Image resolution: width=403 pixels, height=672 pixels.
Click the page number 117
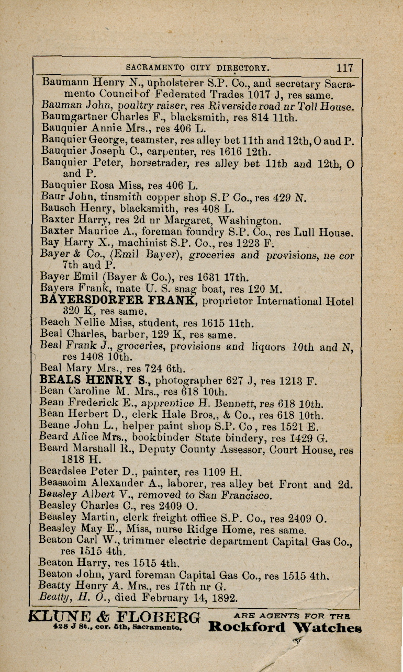[345, 67]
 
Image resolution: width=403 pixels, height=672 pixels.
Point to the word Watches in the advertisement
[326, 627]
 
